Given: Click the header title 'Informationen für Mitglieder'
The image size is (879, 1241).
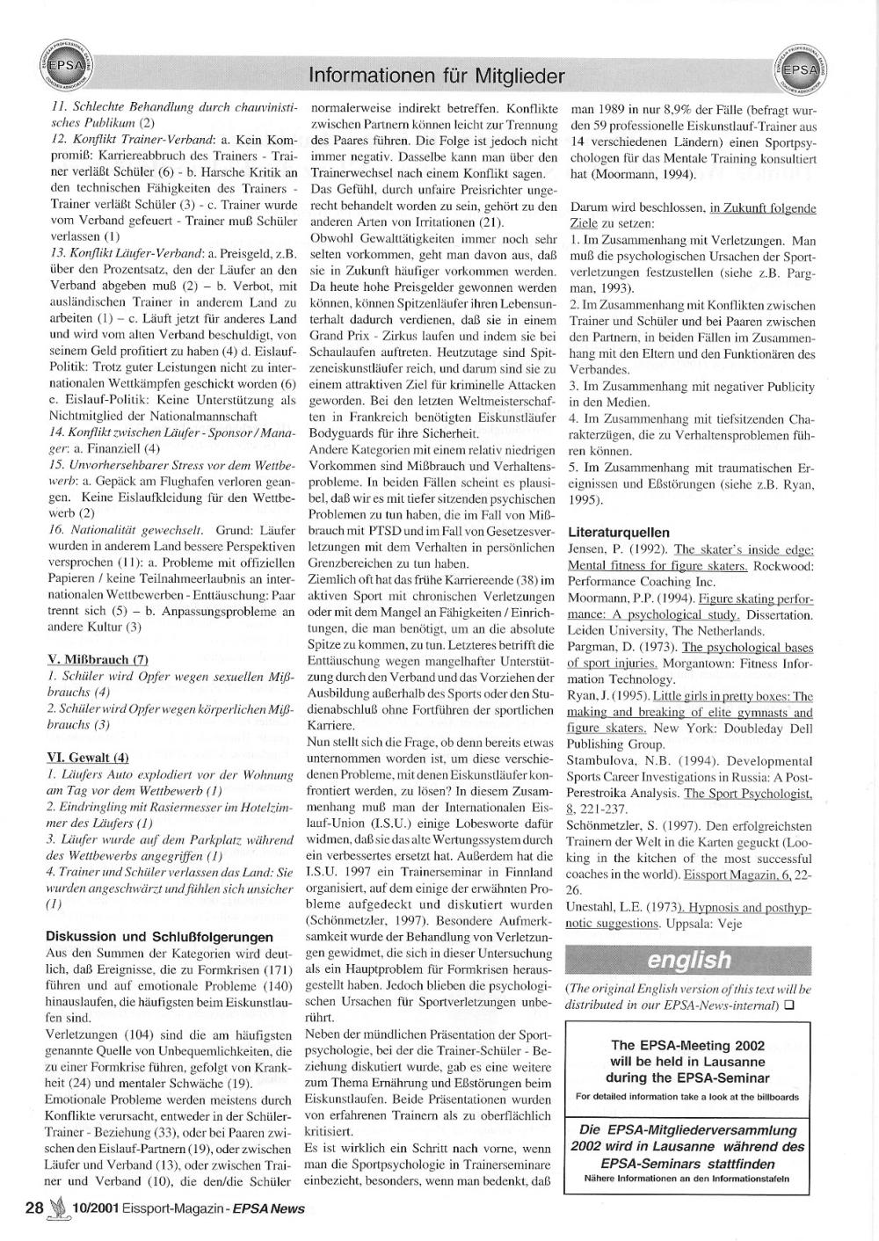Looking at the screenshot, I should (437, 76).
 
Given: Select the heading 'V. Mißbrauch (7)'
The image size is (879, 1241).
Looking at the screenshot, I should (97, 659).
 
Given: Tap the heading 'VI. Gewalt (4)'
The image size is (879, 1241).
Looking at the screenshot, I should (87, 757).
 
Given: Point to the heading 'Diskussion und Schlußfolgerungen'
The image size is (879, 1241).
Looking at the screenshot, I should (159, 936).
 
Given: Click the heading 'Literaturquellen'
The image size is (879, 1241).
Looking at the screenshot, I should (619, 532).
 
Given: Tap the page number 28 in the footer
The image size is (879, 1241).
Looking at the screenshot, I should (34, 1208).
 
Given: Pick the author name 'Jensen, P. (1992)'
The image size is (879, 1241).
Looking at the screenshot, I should (618, 548).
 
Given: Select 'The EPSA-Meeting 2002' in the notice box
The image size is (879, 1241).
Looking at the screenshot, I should (687, 1045).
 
